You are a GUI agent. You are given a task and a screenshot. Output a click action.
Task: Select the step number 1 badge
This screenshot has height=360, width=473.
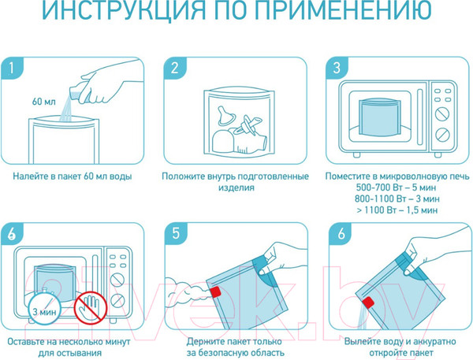(x=12, y=69)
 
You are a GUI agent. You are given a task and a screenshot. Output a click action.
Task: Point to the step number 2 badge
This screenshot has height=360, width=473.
(x=175, y=69)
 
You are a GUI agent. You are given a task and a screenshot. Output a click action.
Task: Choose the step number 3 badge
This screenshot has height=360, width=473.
(x=337, y=69)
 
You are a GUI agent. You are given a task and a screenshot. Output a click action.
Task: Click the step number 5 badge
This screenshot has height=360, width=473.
(x=176, y=234)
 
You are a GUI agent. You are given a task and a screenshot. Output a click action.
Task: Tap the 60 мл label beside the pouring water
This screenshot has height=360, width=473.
(x=44, y=102)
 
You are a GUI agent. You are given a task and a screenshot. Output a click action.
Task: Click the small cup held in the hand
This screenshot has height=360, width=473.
(x=77, y=93)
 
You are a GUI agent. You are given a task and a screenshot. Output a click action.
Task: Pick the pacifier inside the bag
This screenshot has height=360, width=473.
(x=247, y=124)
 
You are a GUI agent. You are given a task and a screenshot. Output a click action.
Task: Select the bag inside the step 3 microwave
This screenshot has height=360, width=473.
(x=380, y=117)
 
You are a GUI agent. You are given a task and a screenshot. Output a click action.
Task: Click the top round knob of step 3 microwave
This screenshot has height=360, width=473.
(x=442, y=114)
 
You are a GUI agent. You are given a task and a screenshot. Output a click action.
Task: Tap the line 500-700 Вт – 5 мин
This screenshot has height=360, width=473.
(x=396, y=187)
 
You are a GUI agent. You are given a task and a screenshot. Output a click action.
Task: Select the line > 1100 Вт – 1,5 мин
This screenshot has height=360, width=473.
(x=397, y=210)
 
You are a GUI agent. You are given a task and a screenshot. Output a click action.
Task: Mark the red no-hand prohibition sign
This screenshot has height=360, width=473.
(x=91, y=308)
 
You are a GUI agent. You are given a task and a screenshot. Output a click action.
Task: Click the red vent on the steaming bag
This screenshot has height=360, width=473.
(x=215, y=291)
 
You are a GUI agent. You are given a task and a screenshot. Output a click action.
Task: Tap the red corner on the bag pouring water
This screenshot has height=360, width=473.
(x=368, y=302)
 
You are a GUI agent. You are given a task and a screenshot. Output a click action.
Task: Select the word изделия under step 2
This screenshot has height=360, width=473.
(x=236, y=187)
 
